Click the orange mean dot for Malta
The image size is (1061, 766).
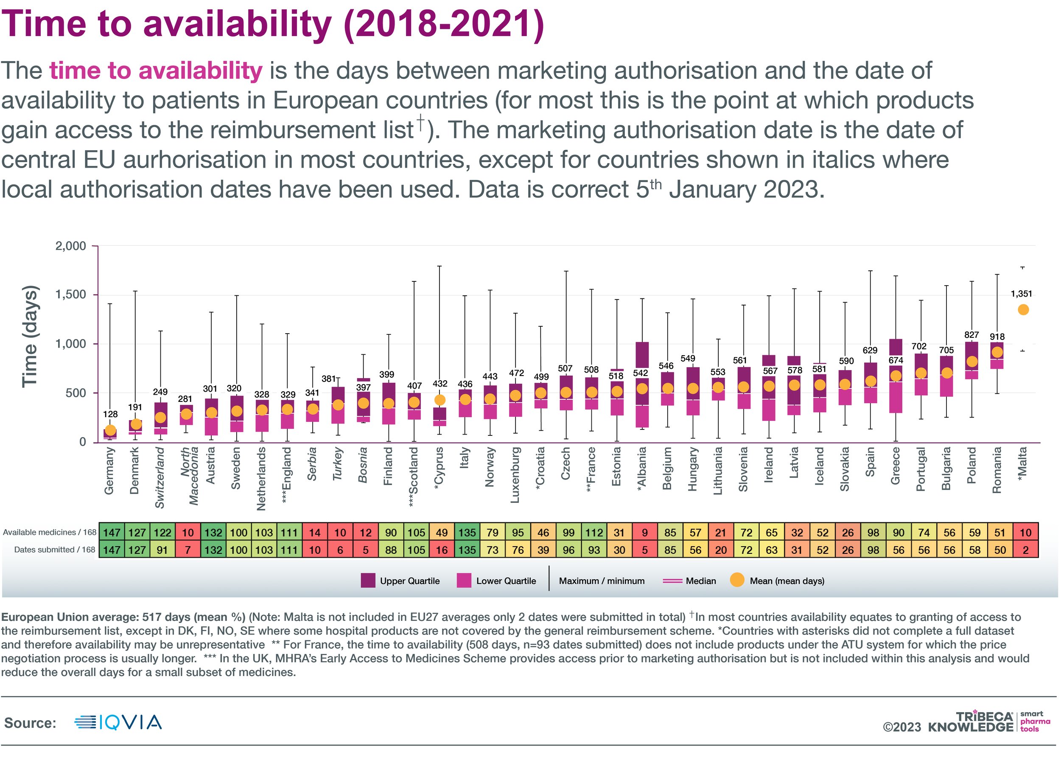(1023, 310)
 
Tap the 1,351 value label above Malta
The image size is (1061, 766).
(1021, 294)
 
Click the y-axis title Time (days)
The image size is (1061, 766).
(29, 336)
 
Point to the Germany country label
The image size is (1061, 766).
(109, 470)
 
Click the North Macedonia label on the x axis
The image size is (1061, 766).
(190, 476)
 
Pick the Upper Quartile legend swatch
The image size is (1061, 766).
(368, 581)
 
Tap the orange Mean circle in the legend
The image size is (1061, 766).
(737, 580)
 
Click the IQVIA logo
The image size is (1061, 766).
(118, 722)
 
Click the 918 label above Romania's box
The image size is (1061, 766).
(997, 337)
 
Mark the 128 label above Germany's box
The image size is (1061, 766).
(110, 414)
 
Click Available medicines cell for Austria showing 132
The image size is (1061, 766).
(213, 533)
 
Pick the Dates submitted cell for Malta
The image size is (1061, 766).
(1025, 550)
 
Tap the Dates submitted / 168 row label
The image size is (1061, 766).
(54, 549)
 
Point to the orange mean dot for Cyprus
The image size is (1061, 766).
(440, 400)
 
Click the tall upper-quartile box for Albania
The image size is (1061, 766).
(642, 355)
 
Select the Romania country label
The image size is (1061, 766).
(997, 470)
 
